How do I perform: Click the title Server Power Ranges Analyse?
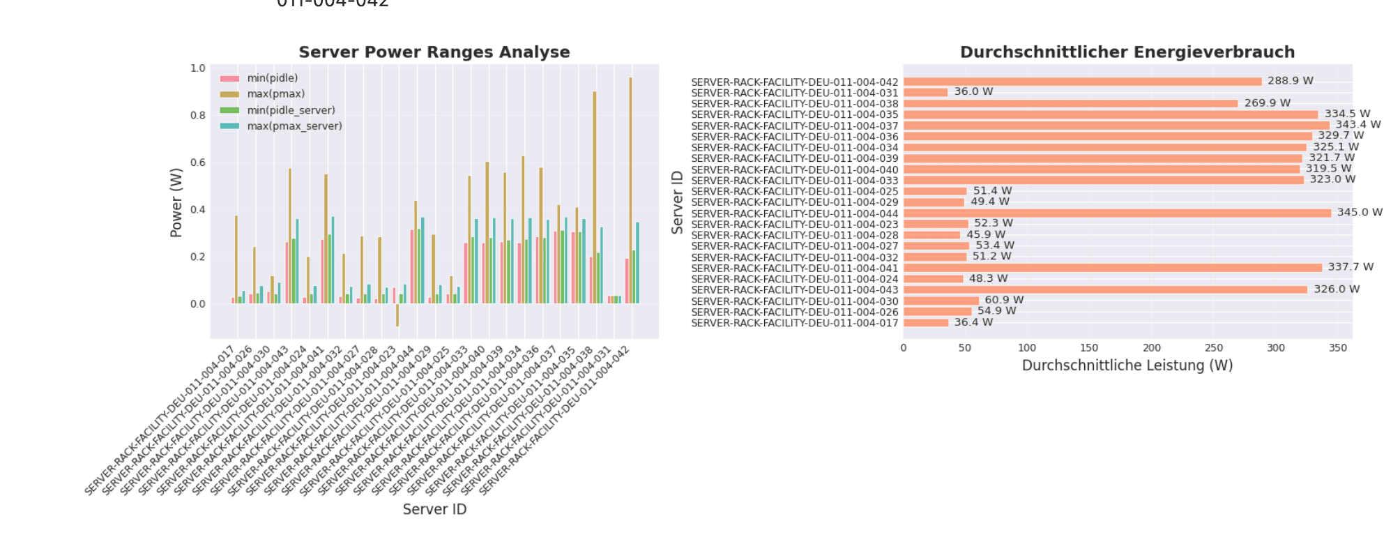click(434, 52)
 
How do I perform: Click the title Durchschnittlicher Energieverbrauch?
click(1127, 52)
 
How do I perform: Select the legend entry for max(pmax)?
click(275, 94)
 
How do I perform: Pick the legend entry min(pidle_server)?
click(291, 110)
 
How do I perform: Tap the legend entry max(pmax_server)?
click(294, 126)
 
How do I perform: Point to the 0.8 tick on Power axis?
click(198, 116)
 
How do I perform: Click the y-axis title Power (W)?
click(176, 202)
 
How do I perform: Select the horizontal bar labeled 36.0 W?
click(925, 92)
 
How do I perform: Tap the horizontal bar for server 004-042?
click(1082, 82)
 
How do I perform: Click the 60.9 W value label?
click(1004, 300)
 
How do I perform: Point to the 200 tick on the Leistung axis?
click(1151, 347)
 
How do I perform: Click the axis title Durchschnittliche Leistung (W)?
click(1127, 365)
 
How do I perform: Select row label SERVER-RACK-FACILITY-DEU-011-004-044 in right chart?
click(794, 213)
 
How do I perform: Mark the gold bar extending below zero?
click(397, 315)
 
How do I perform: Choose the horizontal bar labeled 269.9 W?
click(1070, 103)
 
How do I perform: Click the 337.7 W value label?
click(1350, 267)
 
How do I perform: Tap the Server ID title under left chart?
click(434, 509)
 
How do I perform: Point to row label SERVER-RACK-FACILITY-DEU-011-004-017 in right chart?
click(794, 323)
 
